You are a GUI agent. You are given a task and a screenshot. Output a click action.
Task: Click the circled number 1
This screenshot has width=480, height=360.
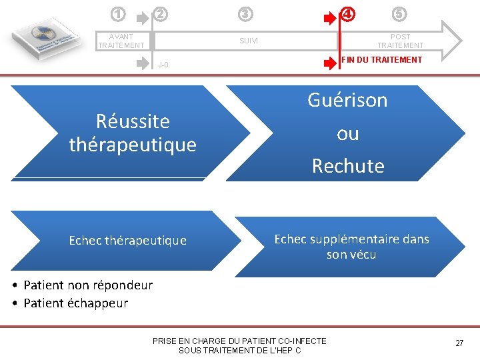(x=117, y=13)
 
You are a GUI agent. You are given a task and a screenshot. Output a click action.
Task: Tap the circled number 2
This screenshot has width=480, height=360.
(x=161, y=13)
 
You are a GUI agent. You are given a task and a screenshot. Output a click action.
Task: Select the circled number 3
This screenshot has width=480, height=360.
(x=246, y=13)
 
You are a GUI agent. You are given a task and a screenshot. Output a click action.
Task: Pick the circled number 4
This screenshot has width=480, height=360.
(x=348, y=13)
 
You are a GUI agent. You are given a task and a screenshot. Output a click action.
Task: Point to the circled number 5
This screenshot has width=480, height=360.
(x=399, y=13)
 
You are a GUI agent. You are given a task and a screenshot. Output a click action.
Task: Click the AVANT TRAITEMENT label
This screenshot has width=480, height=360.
(x=121, y=41)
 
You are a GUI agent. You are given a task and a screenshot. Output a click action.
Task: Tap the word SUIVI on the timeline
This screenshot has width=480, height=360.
(x=248, y=41)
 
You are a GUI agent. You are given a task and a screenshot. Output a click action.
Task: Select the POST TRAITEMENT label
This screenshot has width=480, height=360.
(x=400, y=41)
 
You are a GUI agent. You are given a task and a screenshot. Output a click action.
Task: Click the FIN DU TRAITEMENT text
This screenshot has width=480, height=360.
(x=382, y=60)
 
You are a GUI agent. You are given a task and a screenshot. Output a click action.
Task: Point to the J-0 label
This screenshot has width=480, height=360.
(x=163, y=65)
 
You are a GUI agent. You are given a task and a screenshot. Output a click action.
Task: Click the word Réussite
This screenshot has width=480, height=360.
(x=133, y=121)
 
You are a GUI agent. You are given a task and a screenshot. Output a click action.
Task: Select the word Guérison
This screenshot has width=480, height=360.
(x=347, y=100)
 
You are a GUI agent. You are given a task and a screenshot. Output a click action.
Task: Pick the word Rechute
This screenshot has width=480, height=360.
(x=348, y=166)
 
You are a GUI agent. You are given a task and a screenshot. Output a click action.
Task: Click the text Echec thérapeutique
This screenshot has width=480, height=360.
(x=128, y=241)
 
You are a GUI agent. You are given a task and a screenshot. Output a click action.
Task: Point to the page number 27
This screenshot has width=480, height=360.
(x=459, y=343)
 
